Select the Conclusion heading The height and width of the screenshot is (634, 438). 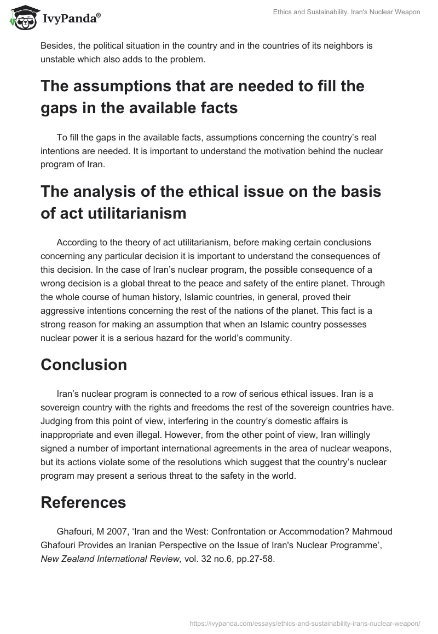[x=84, y=365]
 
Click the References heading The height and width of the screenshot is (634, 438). [x=83, y=502]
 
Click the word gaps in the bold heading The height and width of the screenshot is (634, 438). [x=57, y=108]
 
